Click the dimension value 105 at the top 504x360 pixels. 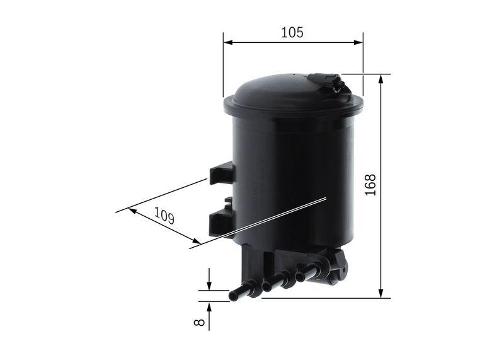point(292,32)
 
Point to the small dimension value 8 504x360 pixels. point(200,322)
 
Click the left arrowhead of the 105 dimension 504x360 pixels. point(227,43)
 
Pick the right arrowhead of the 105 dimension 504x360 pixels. point(358,43)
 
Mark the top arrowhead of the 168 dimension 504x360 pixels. point(381,79)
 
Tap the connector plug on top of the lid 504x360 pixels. point(329,83)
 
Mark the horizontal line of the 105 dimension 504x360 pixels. point(292,43)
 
